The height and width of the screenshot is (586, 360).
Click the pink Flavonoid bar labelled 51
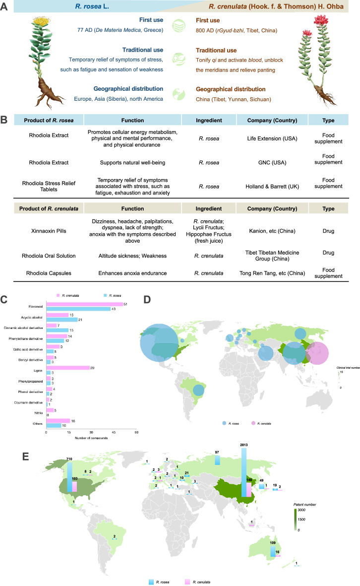(84, 305)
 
